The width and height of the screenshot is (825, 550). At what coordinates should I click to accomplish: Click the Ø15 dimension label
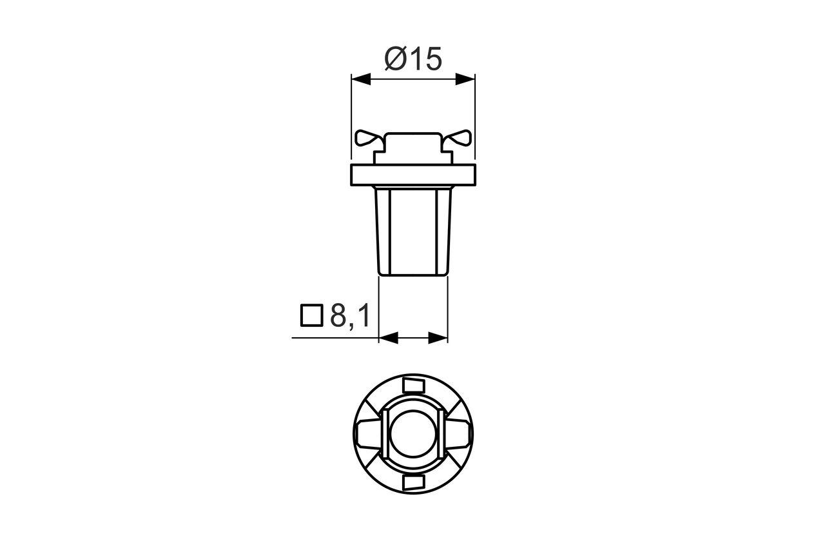[x=413, y=59]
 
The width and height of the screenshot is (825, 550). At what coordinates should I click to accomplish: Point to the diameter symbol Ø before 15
[x=395, y=59]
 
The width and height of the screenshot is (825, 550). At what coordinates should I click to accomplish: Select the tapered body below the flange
[x=412, y=232]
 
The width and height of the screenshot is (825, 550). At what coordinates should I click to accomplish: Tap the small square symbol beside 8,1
[x=311, y=315]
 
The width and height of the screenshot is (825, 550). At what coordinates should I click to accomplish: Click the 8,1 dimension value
[x=349, y=315]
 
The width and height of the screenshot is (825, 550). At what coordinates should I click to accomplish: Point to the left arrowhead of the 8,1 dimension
[x=387, y=338]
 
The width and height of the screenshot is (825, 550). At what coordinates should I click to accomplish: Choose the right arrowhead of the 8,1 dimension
[x=438, y=338]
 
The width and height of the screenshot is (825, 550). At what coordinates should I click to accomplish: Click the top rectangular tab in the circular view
[x=412, y=386]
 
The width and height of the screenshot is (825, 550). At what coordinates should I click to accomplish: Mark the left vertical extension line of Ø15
[x=351, y=116]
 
